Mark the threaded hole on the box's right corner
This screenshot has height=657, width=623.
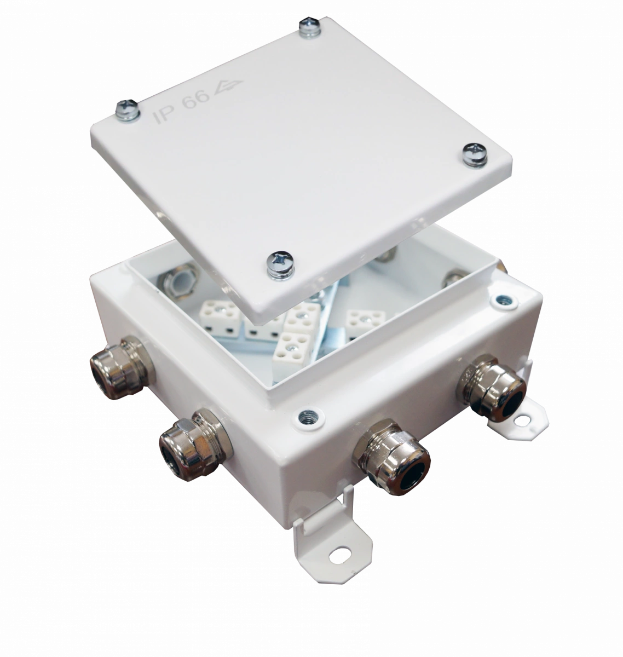(x=505, y=301)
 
